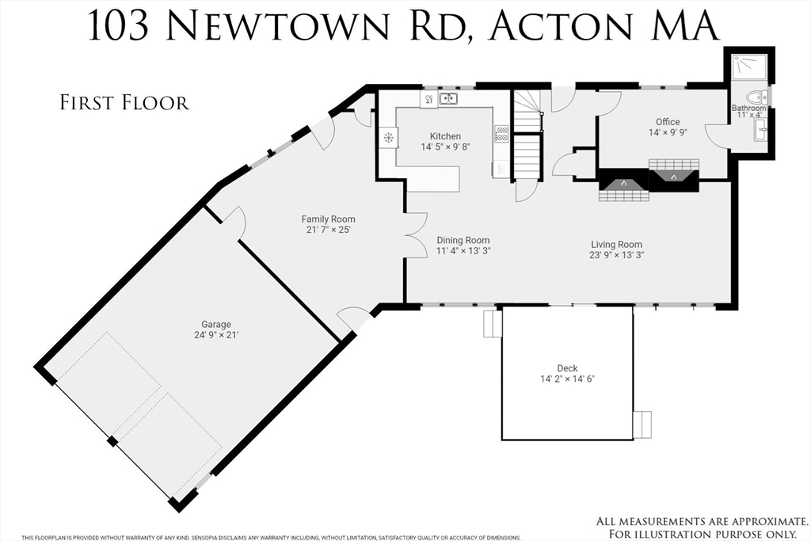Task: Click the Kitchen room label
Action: (x=445, y=136)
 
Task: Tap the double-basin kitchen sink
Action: (x=448, y=99)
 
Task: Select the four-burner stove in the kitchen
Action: (x=501, y=134)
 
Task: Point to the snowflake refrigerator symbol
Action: (x=388, y=138)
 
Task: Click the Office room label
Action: (x=668, y=122)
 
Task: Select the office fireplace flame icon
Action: (x=673, y=177)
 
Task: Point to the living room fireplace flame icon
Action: (x=623, y=183)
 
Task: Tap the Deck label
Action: (x=567, y=368)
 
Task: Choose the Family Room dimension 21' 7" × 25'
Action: (x=328, y=230)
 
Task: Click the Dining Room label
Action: (x=463, y=240)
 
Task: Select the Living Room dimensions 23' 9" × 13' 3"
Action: (x=616, y=255)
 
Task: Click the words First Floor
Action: (x=124, y=103)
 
